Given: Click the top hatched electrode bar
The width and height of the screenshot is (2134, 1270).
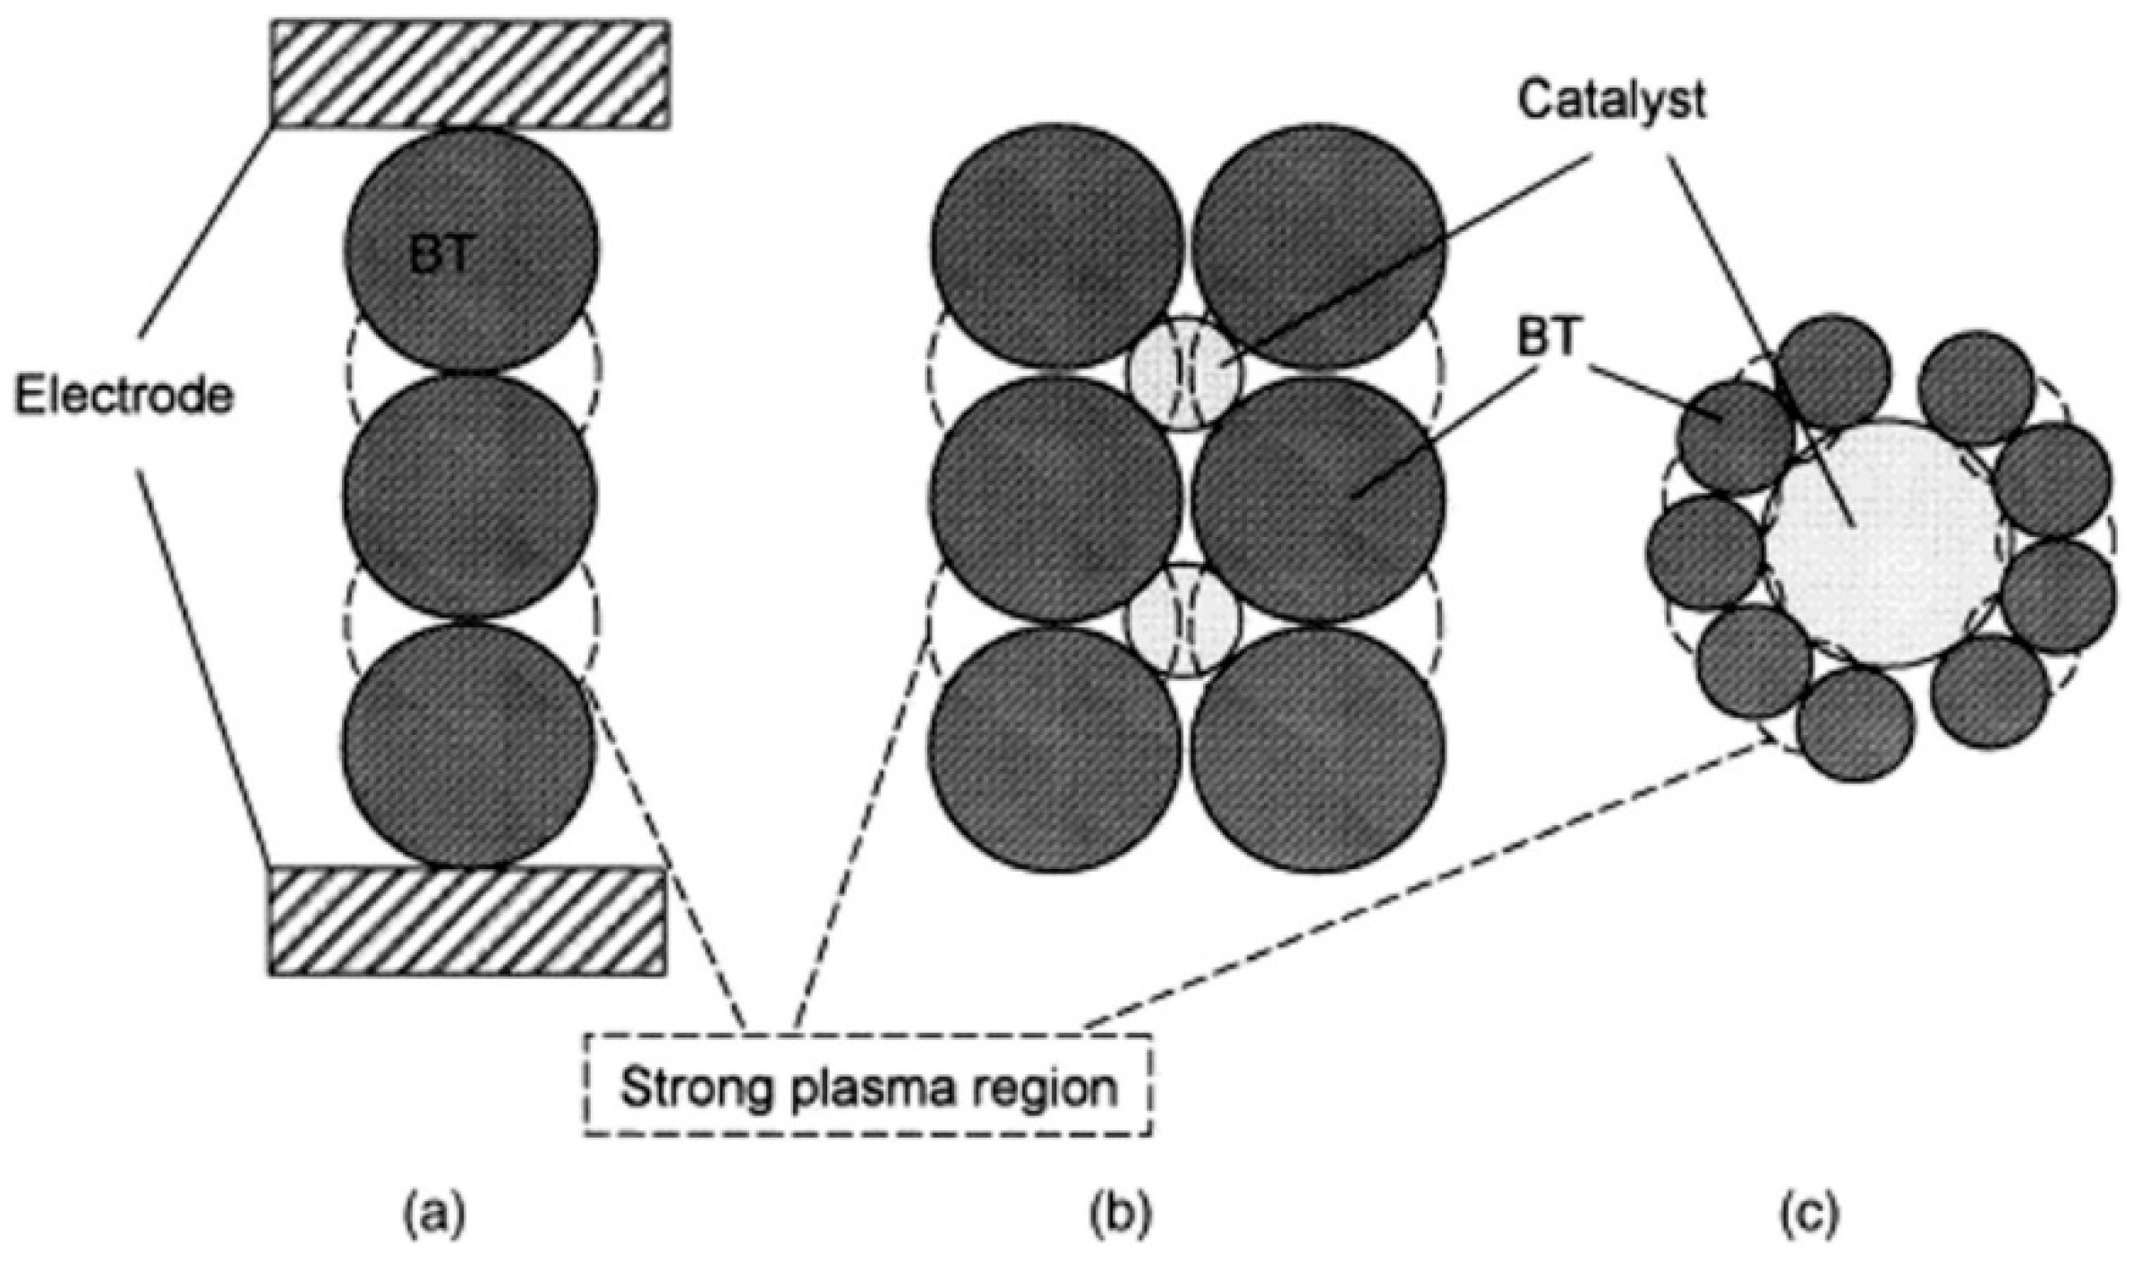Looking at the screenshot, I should [469, 74].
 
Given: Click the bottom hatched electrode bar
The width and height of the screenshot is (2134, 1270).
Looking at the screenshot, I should [467, 920].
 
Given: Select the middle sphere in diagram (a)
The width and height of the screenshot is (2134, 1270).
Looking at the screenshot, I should [469, 497].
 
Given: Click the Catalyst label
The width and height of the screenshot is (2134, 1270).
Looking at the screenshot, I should [1610, 101].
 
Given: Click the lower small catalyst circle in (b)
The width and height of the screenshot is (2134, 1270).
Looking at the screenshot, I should [1184, 620].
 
